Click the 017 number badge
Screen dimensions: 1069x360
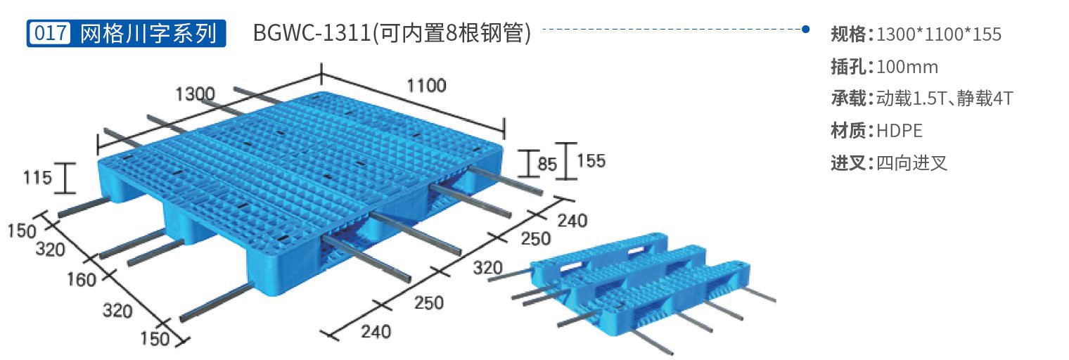click(x=50, y=33)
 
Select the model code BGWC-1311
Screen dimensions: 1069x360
click(x=312, y=33)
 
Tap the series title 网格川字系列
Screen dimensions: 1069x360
click(x=148, y=33)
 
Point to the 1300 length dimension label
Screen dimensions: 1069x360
click(x=196, y=94)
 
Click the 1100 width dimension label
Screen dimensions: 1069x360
click(x=426, y=85)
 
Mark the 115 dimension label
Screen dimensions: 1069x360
click(x=37, y=178)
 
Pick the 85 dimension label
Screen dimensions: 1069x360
click(x=547, y=164)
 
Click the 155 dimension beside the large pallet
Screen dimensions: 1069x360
click(x=591, y=161)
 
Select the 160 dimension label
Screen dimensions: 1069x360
click(x=81, y=279)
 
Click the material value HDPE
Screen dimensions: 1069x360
click(x=899, y=131)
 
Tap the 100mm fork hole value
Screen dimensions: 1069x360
click(x=907, y=67)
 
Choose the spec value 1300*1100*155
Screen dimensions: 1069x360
click(x=939, y=34)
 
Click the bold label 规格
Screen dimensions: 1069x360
click(x=851, y=34)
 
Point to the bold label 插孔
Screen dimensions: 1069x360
click(x=851, y=67)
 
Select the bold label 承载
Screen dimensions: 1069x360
click(x=851, y=98)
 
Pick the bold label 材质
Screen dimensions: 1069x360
click(x=851, y=131)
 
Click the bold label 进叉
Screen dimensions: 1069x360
click(x=851, y=163)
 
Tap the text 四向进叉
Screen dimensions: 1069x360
click(x=911, y=163)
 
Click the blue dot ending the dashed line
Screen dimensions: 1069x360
click(x=805, y=29)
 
